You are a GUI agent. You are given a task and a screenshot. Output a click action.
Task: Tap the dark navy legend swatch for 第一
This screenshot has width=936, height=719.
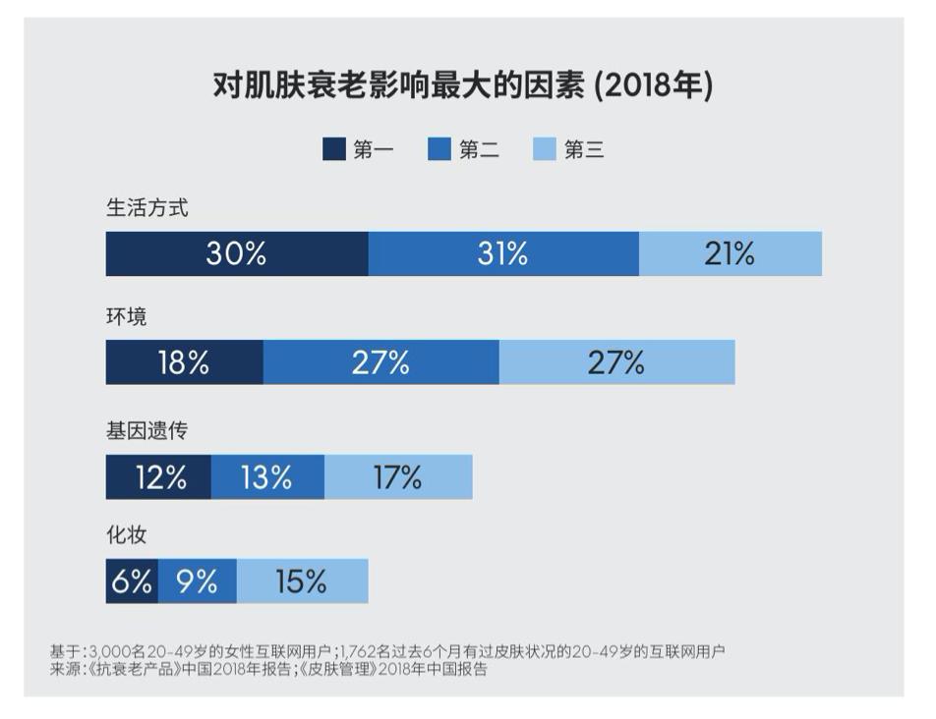(334, 149)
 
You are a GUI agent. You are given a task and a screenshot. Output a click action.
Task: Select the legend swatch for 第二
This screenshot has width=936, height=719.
(439, 149)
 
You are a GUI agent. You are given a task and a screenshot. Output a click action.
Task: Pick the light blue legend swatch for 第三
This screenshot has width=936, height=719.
(544, 149)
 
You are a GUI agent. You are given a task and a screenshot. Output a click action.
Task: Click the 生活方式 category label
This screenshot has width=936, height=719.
(146, 208)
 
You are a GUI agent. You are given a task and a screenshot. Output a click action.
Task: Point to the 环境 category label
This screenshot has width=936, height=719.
(126, 318)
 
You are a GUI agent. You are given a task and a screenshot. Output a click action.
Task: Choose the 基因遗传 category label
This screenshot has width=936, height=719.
(146, 430)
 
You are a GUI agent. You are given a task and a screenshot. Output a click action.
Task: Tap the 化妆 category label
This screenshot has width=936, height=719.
(126, 536)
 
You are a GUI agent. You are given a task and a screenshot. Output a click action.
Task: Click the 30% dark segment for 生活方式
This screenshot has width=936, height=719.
(237, 253)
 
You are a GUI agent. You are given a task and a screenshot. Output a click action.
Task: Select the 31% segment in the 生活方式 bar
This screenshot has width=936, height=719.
(503, 253)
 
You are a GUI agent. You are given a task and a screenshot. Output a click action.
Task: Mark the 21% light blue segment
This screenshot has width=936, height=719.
(730, 253)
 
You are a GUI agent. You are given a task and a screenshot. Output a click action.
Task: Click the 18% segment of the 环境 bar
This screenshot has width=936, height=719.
(184, 361)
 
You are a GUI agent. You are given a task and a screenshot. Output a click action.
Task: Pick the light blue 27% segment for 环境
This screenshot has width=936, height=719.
(616, 361)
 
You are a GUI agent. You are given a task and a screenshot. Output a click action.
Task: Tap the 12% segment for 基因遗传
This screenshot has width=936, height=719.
(158, 477)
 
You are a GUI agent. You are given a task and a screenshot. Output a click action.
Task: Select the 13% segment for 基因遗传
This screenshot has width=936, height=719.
(267, 477)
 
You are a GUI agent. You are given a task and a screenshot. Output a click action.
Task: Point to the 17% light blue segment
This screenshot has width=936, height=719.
(398, 477)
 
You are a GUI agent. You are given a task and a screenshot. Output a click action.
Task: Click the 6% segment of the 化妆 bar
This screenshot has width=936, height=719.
(132, 581)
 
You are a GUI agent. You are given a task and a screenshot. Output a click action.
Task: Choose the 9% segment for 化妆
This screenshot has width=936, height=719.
(197, 581)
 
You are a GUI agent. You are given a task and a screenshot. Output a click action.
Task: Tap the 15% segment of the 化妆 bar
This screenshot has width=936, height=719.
(302, 581)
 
